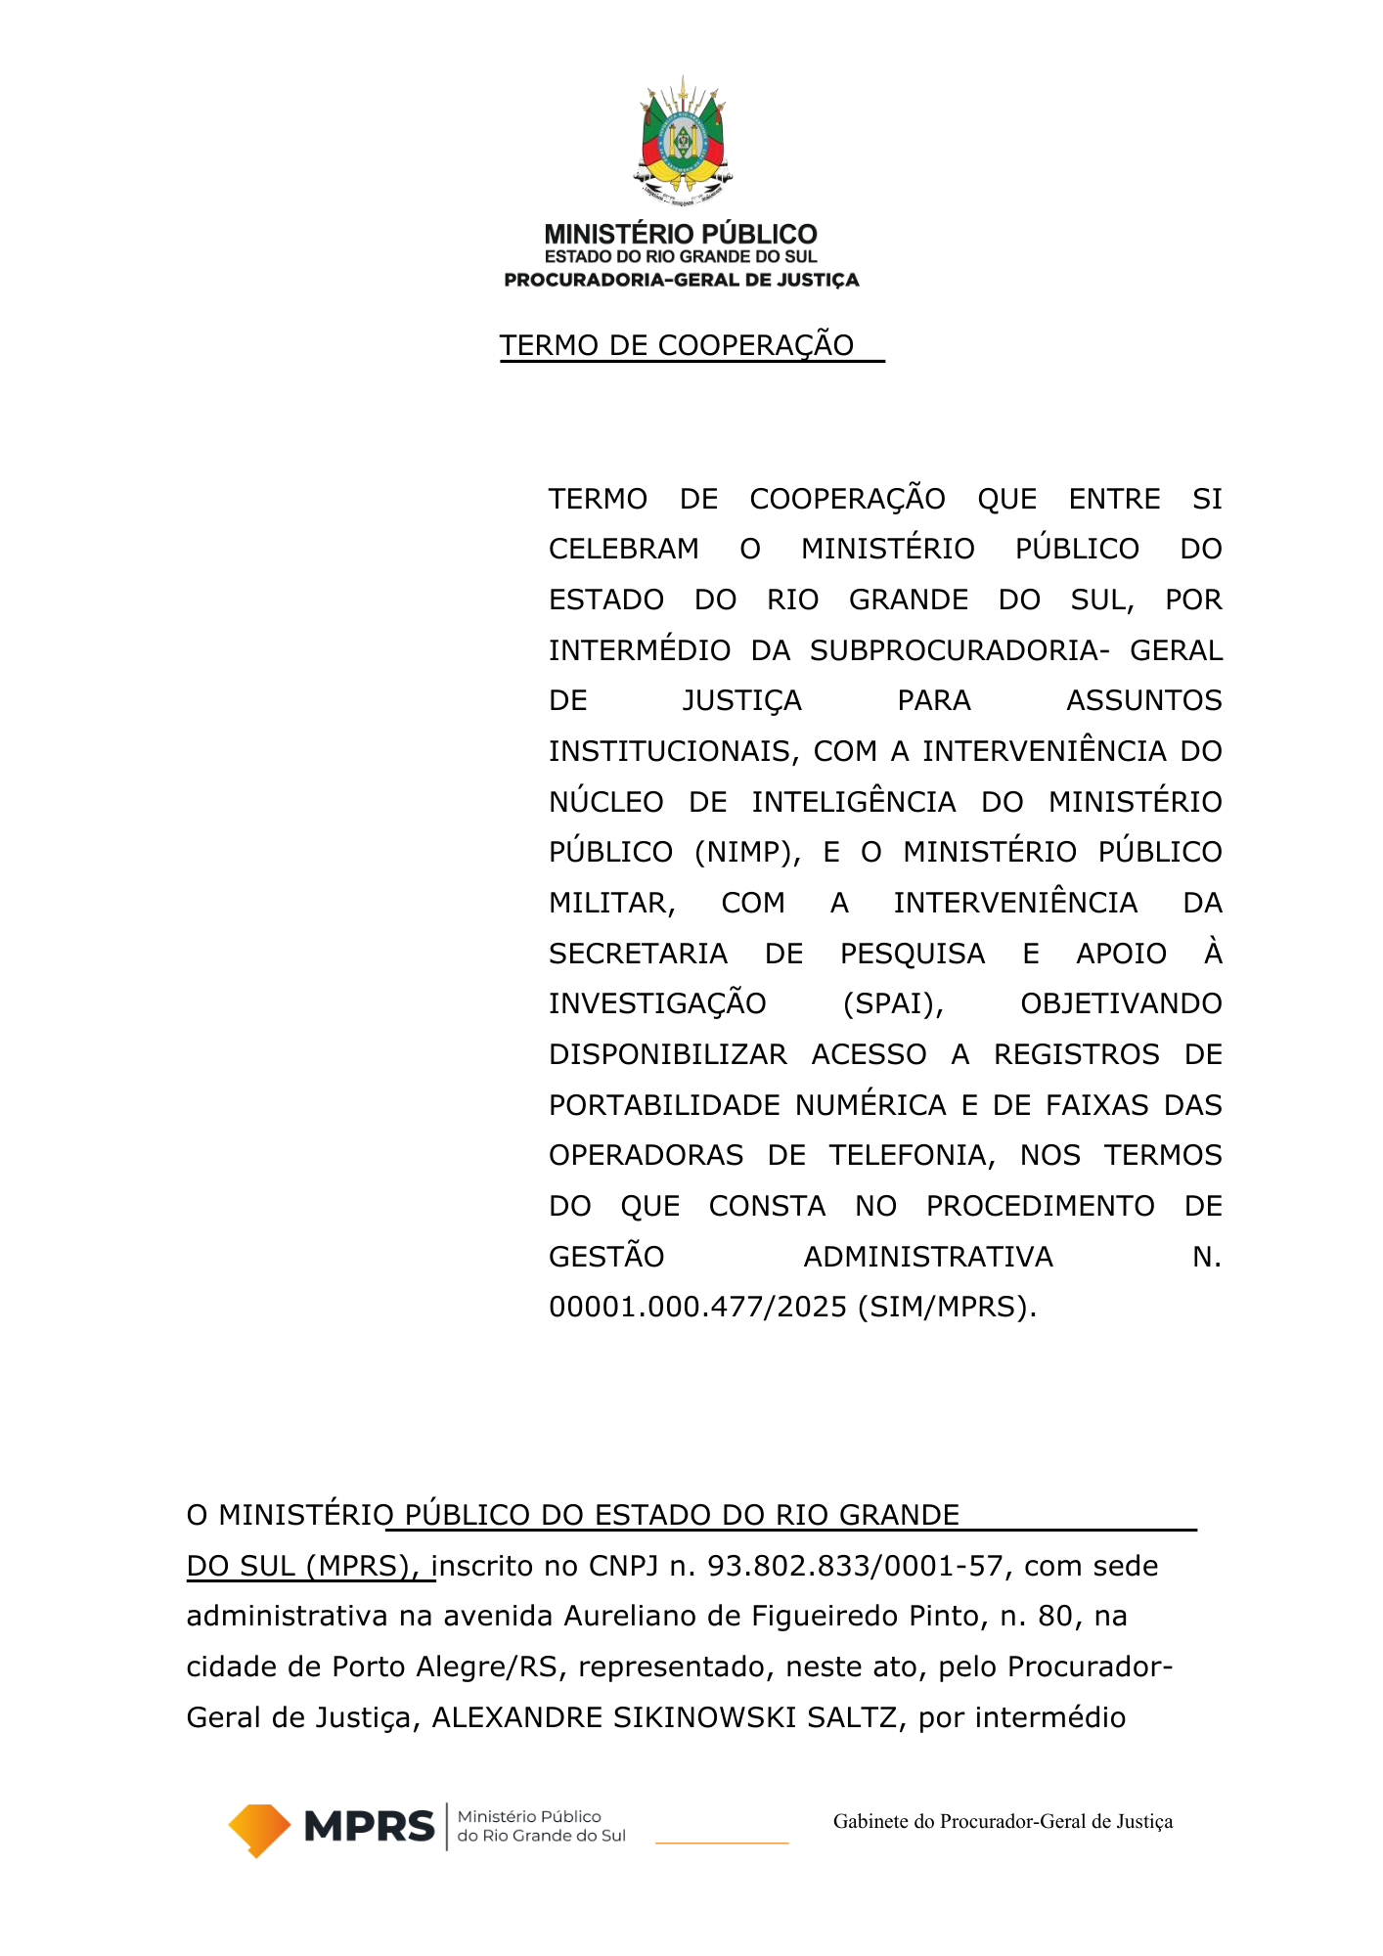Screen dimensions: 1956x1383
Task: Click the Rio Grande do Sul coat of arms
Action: point(683,141)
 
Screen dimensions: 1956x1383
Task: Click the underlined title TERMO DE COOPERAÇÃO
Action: point(677,345)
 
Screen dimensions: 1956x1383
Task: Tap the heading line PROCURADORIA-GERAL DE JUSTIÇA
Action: point(682,281)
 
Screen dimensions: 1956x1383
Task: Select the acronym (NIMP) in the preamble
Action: point(743,853)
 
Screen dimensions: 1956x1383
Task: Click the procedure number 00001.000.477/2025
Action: point(698,1308)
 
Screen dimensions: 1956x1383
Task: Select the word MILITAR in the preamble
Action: point(611,904)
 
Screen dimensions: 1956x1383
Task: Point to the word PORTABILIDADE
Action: point(667,1106)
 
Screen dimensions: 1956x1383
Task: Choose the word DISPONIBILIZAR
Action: point(667,1055)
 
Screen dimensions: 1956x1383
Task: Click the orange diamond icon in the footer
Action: point(259,1829)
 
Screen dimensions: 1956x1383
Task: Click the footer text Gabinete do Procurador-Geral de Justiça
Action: point(1003,1822)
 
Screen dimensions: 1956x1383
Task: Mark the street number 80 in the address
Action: point(1056,1617)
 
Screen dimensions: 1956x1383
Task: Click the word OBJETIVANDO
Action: point(1121,1004)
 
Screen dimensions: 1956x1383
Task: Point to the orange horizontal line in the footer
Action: point(722,1844)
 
